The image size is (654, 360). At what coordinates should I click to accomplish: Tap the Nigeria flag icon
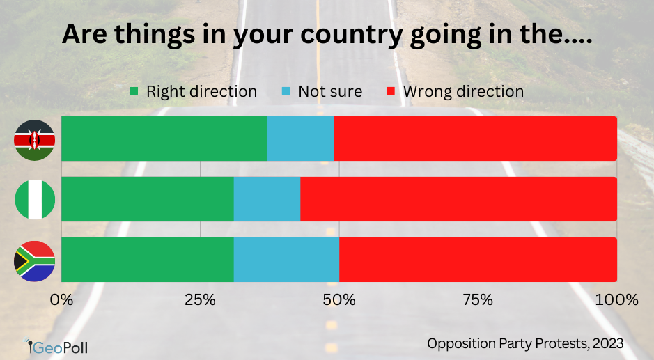(x=35, y=199)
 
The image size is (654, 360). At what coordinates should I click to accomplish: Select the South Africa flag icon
(x=35, y=260)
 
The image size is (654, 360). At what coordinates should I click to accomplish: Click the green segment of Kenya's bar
(x=164, y=139)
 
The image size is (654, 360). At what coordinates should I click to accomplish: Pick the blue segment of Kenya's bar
(x=300, y=139)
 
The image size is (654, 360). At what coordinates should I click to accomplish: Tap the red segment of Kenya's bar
(x=475, y=139)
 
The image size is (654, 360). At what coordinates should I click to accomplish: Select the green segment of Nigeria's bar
(x=148, y=199)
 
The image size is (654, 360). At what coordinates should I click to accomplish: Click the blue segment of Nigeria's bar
(x=267, y=199)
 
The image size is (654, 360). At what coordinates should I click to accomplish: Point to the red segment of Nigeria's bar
(x=458, y=199)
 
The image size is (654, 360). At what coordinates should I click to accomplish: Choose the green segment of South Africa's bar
(x=148, y=260)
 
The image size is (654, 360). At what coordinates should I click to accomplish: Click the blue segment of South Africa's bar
(x=286, y=260)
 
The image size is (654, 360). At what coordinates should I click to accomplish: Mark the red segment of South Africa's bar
(x=478, y=260)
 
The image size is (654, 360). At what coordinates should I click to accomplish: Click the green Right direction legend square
(x=134, y=92)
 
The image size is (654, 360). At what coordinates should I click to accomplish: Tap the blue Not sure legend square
(x=286, y=92)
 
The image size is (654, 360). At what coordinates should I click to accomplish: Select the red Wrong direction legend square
(x=391, y=92)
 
